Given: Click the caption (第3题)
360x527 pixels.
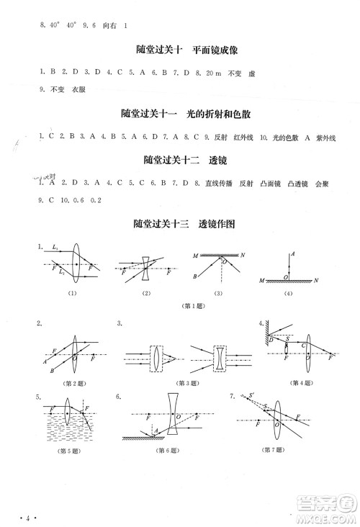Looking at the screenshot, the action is [188, 382].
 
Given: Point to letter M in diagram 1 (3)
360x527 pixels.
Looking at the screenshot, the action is [195, 256].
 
